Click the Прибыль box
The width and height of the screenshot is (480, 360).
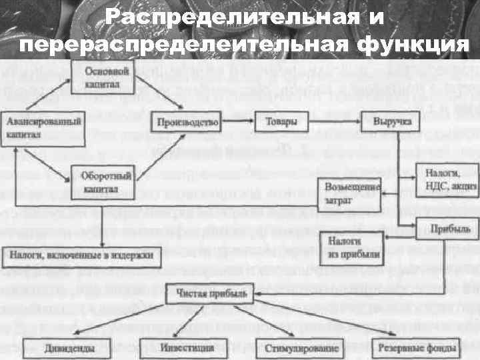(x=445, y=229)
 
